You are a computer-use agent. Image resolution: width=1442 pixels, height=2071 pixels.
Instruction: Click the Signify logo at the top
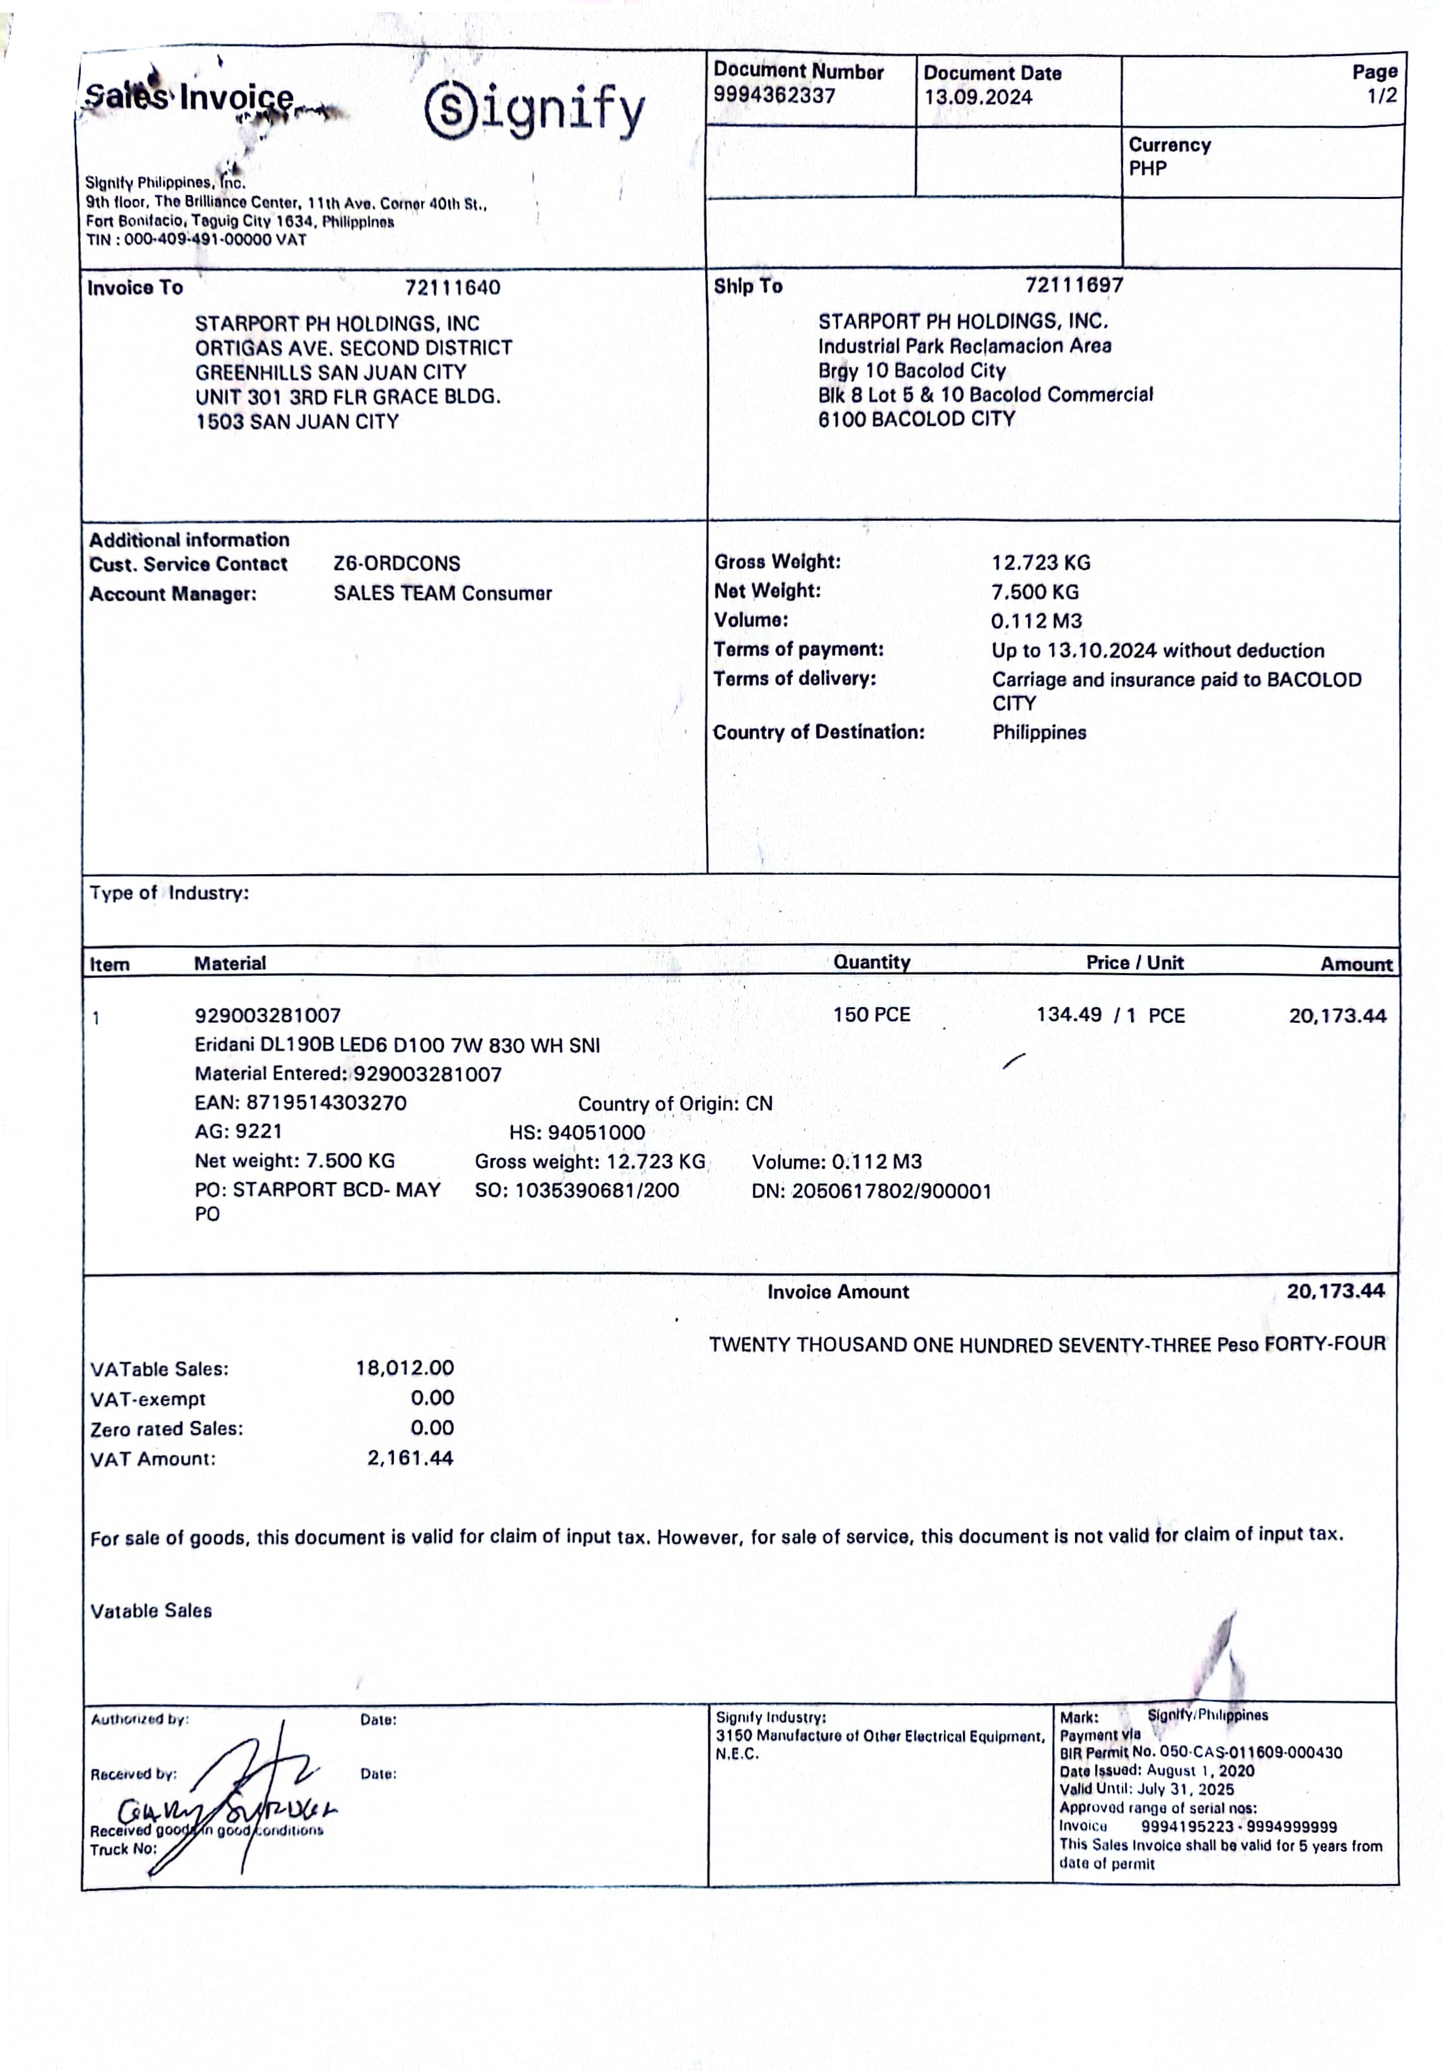tap(534, 111)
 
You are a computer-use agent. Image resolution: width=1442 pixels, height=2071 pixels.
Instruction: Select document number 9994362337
tap(774, 96)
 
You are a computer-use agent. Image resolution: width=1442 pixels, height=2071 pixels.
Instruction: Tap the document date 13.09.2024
tap(978, 98)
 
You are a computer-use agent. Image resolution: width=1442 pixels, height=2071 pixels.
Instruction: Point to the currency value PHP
tap(1147, 169)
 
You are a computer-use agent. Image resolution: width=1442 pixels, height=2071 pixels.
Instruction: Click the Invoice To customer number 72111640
tap(452, 288)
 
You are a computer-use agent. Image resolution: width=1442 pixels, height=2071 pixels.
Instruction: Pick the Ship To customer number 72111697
tap(1074, 285)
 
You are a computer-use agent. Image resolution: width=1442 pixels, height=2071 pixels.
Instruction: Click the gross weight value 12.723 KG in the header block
tap(1041, 563)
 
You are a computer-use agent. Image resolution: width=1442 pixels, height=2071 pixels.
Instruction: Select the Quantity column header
tap(872, 962)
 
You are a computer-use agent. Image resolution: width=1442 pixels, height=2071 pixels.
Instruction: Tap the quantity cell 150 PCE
tap(871, 1015)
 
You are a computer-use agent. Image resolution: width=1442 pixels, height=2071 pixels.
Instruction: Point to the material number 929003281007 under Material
tap(268, 1015)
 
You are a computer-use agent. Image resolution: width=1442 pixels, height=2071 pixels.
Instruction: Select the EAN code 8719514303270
tap(326, 1102)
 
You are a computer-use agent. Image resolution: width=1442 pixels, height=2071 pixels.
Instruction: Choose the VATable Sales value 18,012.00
tap(404, 1367)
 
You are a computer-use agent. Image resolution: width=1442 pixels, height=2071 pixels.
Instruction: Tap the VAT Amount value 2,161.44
tap(410, 1458)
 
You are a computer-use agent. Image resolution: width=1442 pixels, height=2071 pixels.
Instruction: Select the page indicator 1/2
tap(1381, 96)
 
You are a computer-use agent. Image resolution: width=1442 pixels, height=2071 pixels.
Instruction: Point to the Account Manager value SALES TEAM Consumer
tap(442, 593)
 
